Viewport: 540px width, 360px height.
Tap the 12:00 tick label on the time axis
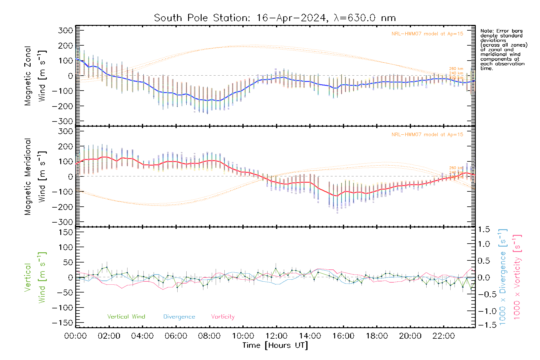tap(276, 336)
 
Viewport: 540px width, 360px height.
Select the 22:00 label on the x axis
tap(444, 336)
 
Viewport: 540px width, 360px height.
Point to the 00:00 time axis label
tap(76, 336)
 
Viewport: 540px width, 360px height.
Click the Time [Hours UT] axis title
tap(275, 345)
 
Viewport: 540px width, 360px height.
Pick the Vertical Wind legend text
tap(126, 317)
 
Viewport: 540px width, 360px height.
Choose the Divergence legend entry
tap(179, 317)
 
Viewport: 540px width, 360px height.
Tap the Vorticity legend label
tap(223, 317)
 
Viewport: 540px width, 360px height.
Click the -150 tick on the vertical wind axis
tap(62, 323)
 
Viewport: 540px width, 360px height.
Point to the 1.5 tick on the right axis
tap(484, 229)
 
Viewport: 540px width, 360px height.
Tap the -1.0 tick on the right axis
tap(484, 311)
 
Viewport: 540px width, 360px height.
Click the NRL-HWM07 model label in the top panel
tap(427, 34)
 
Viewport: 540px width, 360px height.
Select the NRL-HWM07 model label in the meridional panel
tap(427, 135)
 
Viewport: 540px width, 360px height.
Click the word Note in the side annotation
tap(487, 31)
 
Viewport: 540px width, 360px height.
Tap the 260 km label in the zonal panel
tap(456, 69)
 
